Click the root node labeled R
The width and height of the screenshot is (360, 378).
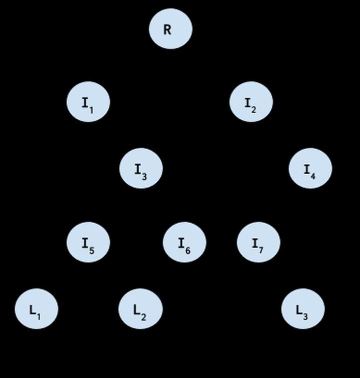pyautogui.click(x=170, y=28)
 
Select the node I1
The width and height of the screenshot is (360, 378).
pyautogui.click(x=88, y=102)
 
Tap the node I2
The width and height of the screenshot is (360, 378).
pyautogui.click(x=251, y=102)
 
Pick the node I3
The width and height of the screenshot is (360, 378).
pyautogui.click(x=141, y=168)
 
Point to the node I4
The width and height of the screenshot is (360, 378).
pyautogui.click(x=310, y=168)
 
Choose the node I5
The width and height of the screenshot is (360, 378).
pyautogui.click(x=88, y=242)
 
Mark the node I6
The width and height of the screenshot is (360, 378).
pyautogui.click(x=184, y=242)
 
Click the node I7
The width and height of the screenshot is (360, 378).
pyautogui.click(x=258, y=242)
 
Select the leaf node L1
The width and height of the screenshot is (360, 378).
pyautogui.click(x=36, y=309)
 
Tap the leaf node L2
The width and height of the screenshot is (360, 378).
pyautogui.click(x=140, y=309)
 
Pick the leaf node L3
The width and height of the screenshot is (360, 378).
pyautogui.click(x=303, y=309)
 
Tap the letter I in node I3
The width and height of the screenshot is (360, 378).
pyautogui.click(x=137, y=169)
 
